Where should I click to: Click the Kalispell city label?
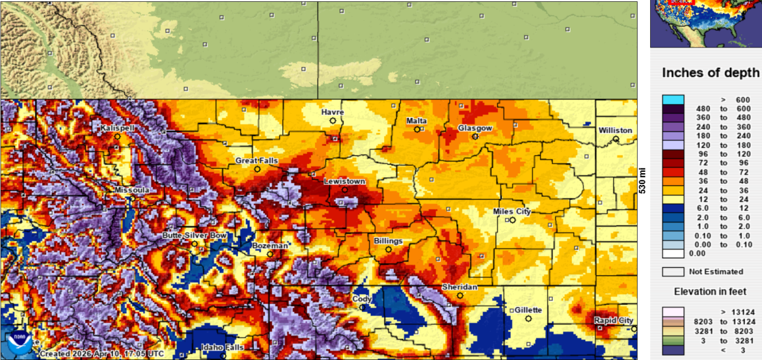(117, 128)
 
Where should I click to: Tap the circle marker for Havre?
(333, 121)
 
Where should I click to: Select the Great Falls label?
(257, 161)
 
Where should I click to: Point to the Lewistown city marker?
(345, 190)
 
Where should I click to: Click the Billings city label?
(388, 241)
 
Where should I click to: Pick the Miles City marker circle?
(513, 220)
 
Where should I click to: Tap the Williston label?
(616, 130)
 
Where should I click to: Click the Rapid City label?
(613, 321)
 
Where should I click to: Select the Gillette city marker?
(528, 319)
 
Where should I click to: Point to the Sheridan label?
(459, 287)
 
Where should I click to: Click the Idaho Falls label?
(222, 348)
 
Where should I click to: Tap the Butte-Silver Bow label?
(195, 236)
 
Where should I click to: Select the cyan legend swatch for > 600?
(673, 99)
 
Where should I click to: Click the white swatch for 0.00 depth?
(673, 253)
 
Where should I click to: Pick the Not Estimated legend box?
(673, 272)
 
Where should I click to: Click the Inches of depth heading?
(710, 73)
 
